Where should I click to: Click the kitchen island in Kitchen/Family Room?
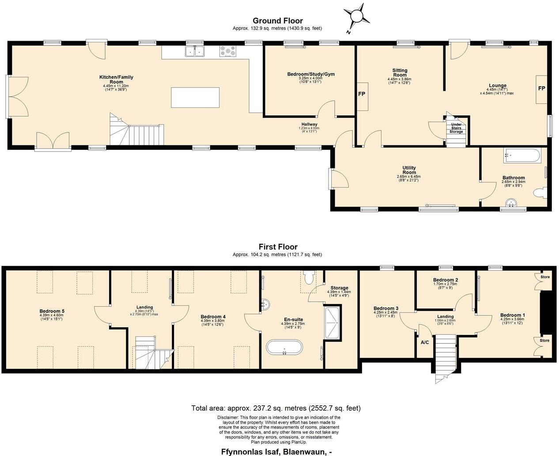(195, 98)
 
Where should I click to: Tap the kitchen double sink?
(195, 52)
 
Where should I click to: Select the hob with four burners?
(228, 52)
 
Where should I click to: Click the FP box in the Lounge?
(541, 89)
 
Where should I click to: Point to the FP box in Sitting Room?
(362, 95)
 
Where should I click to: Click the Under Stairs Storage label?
(456, 129)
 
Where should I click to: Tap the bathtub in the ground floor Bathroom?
(521, 156)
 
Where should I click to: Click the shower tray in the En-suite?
(332, 323)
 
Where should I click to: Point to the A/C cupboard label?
(425, 342)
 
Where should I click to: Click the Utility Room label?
(409, 170)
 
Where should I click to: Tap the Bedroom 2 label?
(445, 280)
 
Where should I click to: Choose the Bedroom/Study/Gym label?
(311, 74)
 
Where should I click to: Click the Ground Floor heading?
(277, 21)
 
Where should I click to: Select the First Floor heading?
(278, 247)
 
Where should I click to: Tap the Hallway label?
(309, 125)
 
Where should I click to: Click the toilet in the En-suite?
(309, 277)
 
